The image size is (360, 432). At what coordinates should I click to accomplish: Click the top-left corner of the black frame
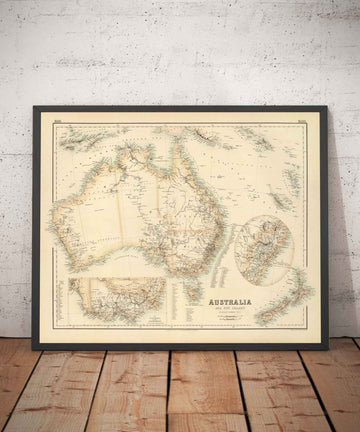34,108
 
